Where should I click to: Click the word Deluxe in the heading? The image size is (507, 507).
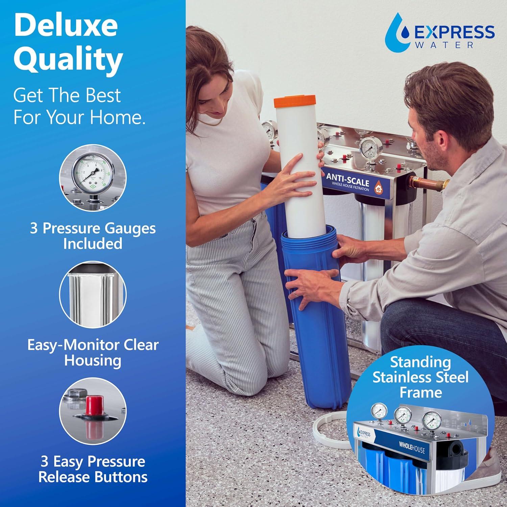pos(66,26)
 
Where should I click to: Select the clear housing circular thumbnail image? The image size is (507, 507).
pos(93,294)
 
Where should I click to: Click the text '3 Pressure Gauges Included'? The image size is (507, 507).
pos(93,236)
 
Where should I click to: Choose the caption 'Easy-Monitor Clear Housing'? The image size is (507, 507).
pos(93,352)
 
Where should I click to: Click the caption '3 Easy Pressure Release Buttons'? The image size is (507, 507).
pos(93,469)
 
